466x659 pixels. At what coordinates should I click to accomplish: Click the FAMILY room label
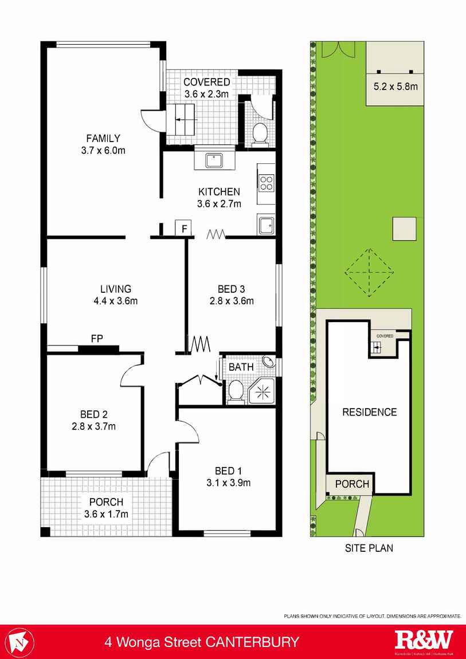coord(103,138)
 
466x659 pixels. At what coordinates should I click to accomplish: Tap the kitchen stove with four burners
coord(266,183)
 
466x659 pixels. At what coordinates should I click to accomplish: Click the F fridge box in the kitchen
coord(183,228)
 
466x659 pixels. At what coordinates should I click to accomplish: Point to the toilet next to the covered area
coord(260,134)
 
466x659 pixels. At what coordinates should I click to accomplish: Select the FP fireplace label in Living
coord(97,339)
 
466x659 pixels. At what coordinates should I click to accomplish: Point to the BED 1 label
coord(228,470)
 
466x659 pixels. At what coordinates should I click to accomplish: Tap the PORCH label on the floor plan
coord(106,502)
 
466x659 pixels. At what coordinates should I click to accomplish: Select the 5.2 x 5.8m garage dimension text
coord(395,87)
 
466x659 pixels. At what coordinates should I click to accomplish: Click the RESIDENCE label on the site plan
coord(369,412)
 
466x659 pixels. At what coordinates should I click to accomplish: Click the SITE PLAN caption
coord(369,548)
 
